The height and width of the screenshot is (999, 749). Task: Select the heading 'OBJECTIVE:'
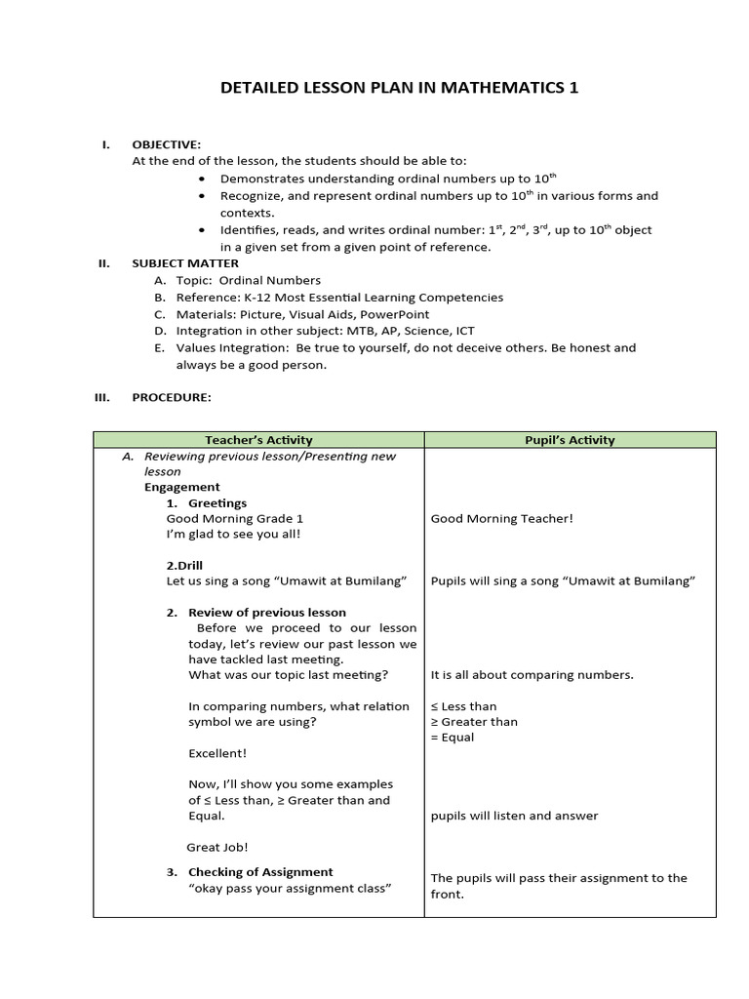click(x=166, y=144)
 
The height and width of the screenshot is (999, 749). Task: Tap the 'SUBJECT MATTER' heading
click(x=185, y=263)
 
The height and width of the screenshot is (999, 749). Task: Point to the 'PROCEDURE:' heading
click(x=171, y=398)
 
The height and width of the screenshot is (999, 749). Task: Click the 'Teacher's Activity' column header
click(x=258, y=440)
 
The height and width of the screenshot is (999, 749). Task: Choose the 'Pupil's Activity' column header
click(x=570, y=440)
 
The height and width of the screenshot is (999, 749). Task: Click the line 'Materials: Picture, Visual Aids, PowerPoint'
click(x=302, y=314)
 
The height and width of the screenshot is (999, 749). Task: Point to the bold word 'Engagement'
click(x=182, y=487)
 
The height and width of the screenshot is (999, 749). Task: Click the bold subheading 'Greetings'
click(x=217, y=503)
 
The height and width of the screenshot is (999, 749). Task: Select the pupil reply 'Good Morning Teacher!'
click(x=502, y=519)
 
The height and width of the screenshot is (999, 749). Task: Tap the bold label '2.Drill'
click(x=184, y=565)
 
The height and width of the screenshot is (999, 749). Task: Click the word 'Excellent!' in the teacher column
click(x=217, y=753)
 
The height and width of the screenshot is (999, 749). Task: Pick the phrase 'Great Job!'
click(x=217, y=848)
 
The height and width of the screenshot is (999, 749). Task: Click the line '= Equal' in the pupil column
click(x=453, y=738)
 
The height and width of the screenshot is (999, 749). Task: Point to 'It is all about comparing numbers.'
click(x=532, y=675)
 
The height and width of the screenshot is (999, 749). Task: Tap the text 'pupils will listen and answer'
click(x=515, y=816)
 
